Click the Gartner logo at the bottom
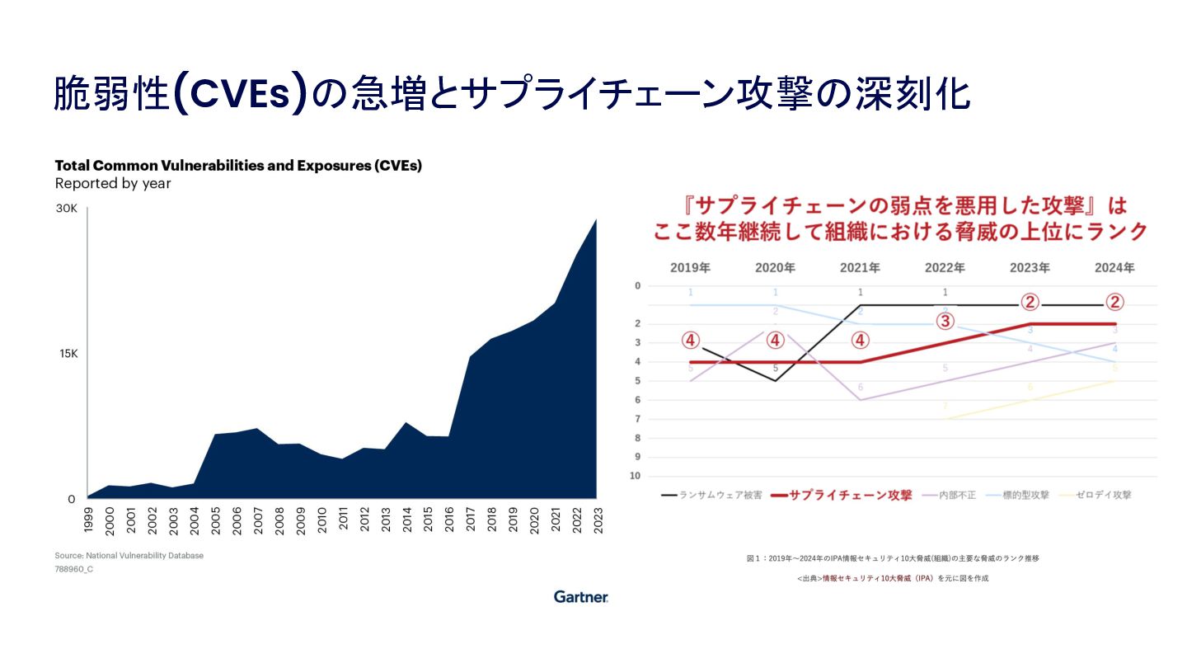point(580,596)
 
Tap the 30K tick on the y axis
point(66,209)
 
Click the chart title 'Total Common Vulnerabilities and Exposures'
point(238,166)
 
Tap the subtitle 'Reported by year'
point(113,184)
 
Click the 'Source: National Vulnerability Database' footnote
point(129,556)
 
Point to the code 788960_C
point(74,569)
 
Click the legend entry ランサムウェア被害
point(709,496)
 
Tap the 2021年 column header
point(861,268)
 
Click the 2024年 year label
point(1114,268)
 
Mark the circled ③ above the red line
point(945,322)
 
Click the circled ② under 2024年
point(1114,303)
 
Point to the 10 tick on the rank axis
point(635,476)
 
